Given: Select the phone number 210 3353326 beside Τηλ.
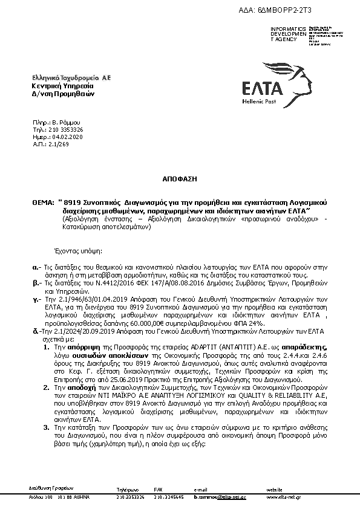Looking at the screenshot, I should click(67, 129).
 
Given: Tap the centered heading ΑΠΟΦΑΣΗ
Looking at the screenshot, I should click(179, 180).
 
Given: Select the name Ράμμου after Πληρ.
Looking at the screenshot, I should click(63, 123).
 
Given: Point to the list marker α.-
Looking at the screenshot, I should click(36, 265).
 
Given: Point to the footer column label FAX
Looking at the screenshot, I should click(158, 489).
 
